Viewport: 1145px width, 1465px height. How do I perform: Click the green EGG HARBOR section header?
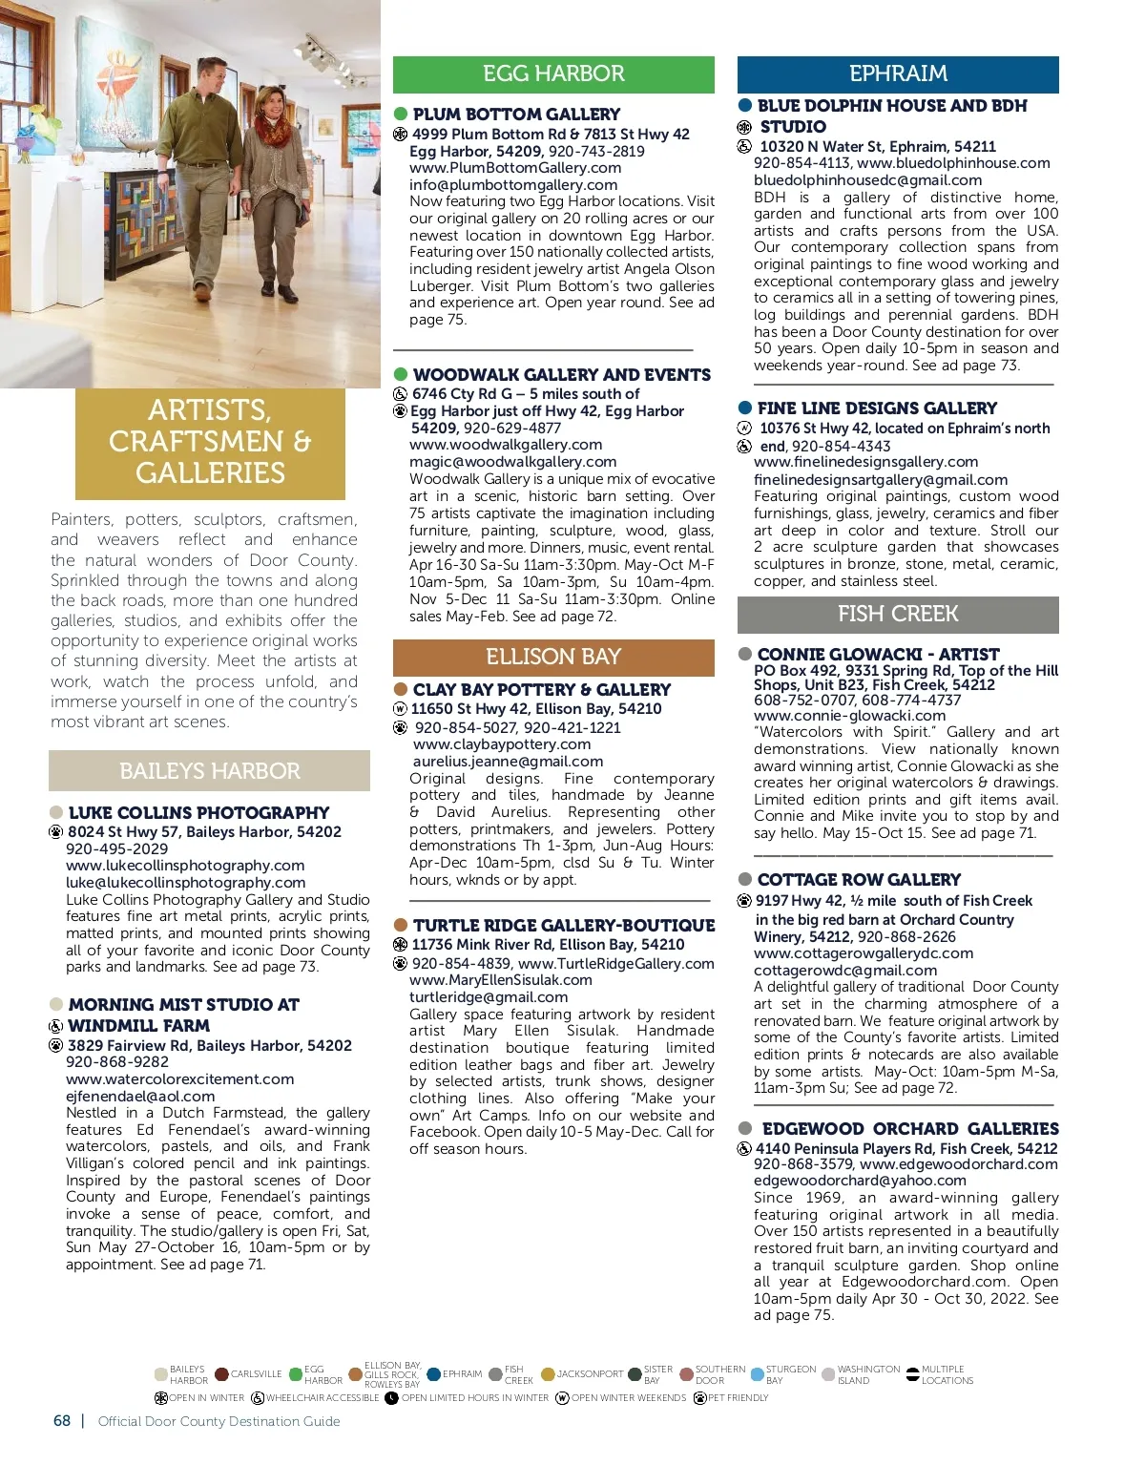553,74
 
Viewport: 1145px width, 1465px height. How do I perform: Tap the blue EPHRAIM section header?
898,74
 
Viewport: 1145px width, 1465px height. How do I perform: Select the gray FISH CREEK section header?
898,615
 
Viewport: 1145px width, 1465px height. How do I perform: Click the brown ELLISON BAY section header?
553,658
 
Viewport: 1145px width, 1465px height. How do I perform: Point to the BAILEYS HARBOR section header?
209,771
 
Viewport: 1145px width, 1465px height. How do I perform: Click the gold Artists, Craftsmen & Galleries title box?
210,443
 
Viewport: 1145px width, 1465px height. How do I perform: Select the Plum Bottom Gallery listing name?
516,115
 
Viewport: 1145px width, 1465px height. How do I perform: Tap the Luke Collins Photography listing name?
198,813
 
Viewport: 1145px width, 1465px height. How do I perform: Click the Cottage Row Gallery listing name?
859,880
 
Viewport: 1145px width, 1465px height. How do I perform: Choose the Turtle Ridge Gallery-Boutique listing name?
564,926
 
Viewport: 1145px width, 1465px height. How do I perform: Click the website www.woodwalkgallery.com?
506,445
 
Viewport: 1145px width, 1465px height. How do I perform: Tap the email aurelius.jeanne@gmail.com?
508,762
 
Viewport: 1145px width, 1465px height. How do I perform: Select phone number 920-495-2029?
116,849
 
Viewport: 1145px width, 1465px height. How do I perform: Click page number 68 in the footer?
62,1421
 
